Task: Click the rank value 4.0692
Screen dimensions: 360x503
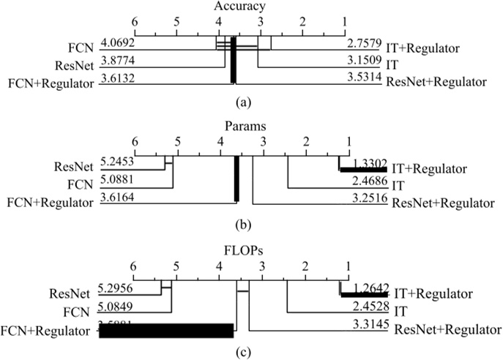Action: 119,44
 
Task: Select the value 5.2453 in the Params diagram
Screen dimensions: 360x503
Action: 119,165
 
